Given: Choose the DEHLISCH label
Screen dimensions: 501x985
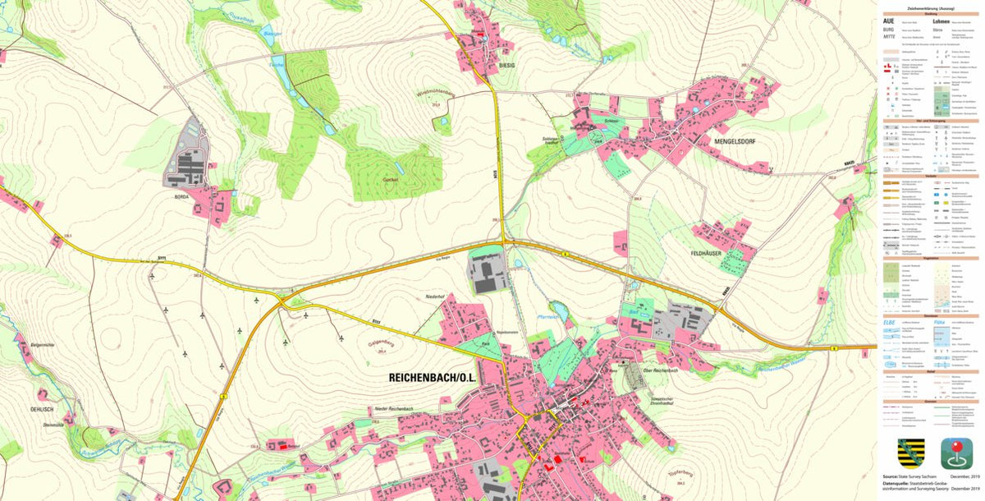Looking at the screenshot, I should coord(42,408).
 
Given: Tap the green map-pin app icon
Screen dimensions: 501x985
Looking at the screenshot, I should coord(956,453).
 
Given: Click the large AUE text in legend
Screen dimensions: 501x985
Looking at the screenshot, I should coord(888,21).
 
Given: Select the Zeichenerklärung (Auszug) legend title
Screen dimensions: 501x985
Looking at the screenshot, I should coord(931,6).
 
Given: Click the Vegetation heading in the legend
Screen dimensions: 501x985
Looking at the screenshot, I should coord(931,258).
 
